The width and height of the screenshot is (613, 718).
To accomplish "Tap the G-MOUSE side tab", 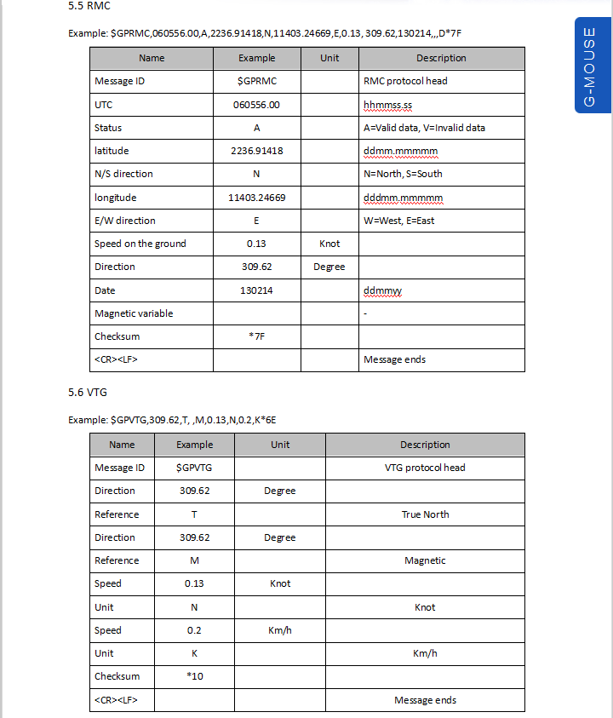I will (x=589, y=66).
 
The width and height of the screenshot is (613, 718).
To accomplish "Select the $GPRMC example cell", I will (x=256, y=81).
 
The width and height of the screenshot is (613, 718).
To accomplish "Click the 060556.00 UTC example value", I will (x=256, y=105).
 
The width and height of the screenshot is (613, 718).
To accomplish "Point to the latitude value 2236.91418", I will (x=256, y=151).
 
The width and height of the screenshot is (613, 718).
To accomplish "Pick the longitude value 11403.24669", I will (x=256, y=198).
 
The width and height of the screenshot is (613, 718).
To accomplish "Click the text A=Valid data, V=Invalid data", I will (x=424, y=128).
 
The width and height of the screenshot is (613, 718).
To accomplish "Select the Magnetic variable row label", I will (x=134, y=313).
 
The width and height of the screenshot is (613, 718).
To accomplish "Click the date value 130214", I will (x=256, y=290).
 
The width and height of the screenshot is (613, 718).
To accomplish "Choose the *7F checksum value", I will (x=256, y=336).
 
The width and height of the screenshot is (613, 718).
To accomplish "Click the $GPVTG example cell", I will (x=194, y=468).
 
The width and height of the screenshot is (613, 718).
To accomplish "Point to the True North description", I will (x=425, y=514).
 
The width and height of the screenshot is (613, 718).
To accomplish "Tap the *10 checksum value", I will (x=194, y=676).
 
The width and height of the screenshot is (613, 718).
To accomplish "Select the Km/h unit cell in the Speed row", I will (x=280, y=630).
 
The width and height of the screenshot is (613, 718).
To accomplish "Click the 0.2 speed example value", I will (x=194, y=630).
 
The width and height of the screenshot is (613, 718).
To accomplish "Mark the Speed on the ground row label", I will (x=140, y=244).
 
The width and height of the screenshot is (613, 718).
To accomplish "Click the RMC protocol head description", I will (x=405, y=81).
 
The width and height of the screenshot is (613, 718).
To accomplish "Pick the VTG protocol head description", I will (x=425, y=468).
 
